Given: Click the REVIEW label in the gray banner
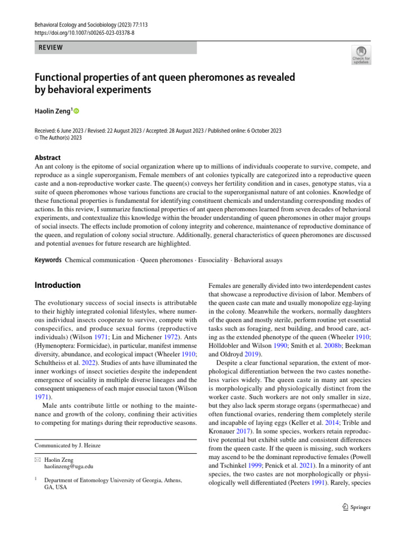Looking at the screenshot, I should (x=50, y=48).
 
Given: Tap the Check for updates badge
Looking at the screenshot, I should (x=362, y=55).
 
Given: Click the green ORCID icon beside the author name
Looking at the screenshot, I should (x=76, y=111).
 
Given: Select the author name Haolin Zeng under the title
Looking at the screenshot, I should (x=52, y=111).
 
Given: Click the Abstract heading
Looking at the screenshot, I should (x=48, y=157).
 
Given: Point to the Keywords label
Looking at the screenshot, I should (x=48, y=260).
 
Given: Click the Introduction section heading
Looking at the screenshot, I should (x=58, y=285).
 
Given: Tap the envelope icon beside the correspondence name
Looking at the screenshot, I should (x=38, y=459).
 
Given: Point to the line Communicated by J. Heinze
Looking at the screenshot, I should (x=67, y=445).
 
